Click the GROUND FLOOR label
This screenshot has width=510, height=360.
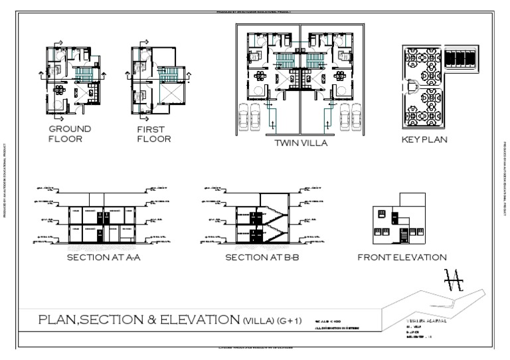(70, 134)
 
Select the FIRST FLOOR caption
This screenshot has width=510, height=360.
(153, 134)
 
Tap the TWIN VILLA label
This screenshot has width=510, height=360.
(301, 142)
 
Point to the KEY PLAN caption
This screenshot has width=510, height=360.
(424, 139)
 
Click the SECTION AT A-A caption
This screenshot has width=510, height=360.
(103, 257)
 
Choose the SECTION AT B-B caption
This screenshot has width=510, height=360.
(262, 257)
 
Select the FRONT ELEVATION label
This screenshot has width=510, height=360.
(402, 257)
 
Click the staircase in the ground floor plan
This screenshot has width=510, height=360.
(84, 72)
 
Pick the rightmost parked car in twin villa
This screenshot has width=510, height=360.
(354, 117)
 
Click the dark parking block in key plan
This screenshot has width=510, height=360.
(460, 58)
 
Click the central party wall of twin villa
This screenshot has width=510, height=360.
(301, 80)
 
